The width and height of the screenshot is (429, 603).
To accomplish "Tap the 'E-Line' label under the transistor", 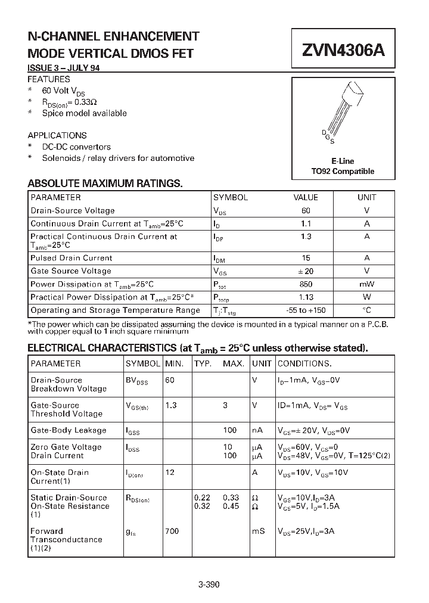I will (343, 161).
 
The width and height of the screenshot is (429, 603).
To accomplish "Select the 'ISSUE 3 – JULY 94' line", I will (64, 68).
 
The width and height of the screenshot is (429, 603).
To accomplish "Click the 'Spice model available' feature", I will (84, 113).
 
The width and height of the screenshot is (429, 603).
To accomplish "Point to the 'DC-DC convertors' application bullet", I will (76, 147).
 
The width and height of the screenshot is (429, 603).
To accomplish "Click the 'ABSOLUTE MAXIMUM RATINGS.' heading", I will (105, 184).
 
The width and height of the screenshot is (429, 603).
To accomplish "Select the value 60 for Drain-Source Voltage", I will (306, 210).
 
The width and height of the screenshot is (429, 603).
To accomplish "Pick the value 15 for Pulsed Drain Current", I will (306, 258).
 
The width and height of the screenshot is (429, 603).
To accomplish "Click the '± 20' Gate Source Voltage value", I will (306, 271).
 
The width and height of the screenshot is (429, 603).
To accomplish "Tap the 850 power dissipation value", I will (306, 284).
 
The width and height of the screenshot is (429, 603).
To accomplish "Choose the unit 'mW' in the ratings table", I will (366, 284).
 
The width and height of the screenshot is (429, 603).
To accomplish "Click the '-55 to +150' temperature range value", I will (306, 310).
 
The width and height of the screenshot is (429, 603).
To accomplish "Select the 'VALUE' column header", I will (306, 197).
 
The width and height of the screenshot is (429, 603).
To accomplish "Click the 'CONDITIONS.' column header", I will (304, 363).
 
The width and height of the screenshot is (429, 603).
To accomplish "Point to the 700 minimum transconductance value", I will (172, 531).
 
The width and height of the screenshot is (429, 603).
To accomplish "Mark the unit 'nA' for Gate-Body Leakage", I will (258, 430).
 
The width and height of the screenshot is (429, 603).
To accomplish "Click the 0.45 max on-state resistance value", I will (231, 506).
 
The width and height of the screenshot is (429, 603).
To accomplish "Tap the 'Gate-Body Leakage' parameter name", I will (69, 430).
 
